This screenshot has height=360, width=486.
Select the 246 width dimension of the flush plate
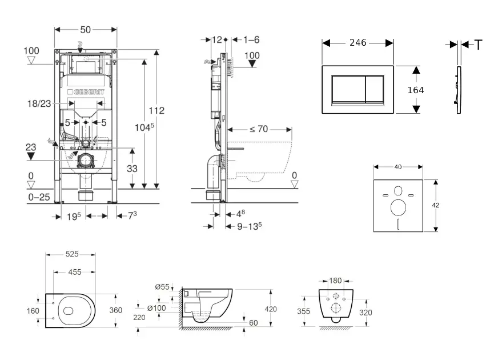pyautogui.click(x=358, y=43)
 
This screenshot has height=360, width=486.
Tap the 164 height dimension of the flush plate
pyautogui.click(x=416, y=90)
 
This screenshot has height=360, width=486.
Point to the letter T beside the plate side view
pyautogui.click(x=479, y=44)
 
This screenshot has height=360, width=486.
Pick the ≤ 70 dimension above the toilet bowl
pyautogui.click(x=258, y=130)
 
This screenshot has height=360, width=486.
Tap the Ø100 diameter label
pyautogui.click(x=156, y=309)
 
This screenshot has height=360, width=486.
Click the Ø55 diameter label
pyautogui.click(x=162, y=287)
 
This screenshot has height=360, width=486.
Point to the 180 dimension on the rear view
pyautogui.click(x=335, y=281)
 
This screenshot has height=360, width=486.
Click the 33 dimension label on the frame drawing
pyautogui.click(x=131, y=169)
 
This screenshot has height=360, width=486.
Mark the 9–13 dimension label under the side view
pyautogui.click(x=250, y=225)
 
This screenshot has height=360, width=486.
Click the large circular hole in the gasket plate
pyautogui.click(x=398, y=207)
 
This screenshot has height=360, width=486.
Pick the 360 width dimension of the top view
pyautogui.click(x=117, y=311)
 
